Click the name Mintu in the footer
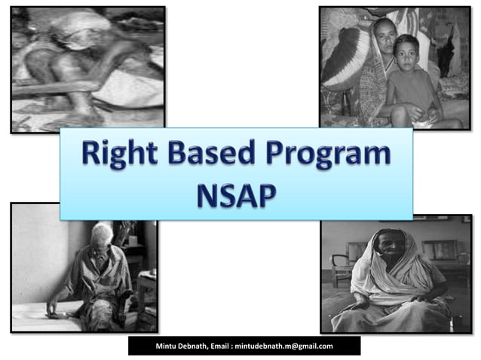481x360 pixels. (x=168, y=346)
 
